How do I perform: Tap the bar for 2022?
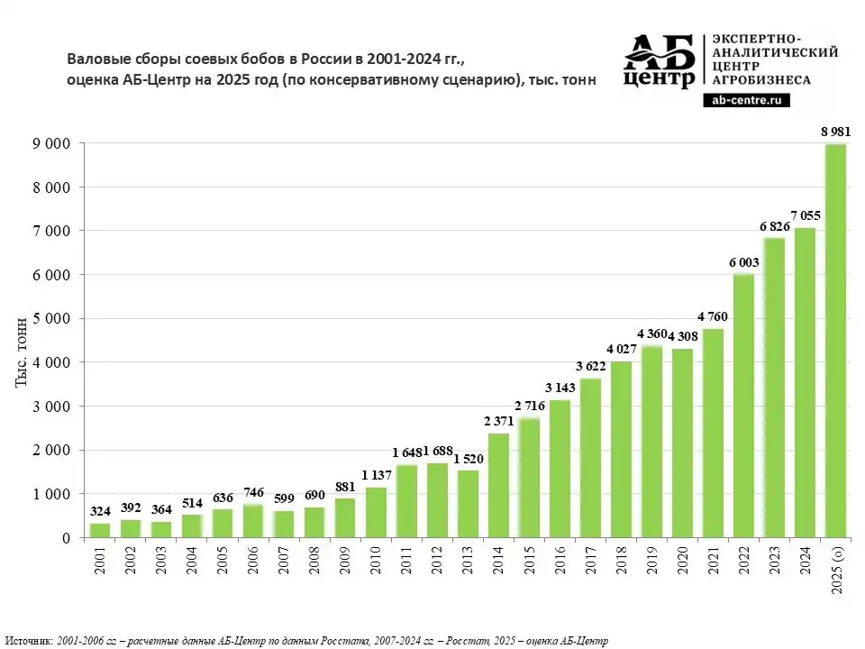[743, 406]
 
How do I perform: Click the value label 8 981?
[835, 132]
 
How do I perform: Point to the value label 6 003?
[744, 262]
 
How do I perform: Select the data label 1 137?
[376, 476]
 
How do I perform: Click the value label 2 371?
[498, 422]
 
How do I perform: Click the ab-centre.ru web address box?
[746, 101]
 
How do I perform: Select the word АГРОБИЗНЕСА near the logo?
[761, 79]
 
